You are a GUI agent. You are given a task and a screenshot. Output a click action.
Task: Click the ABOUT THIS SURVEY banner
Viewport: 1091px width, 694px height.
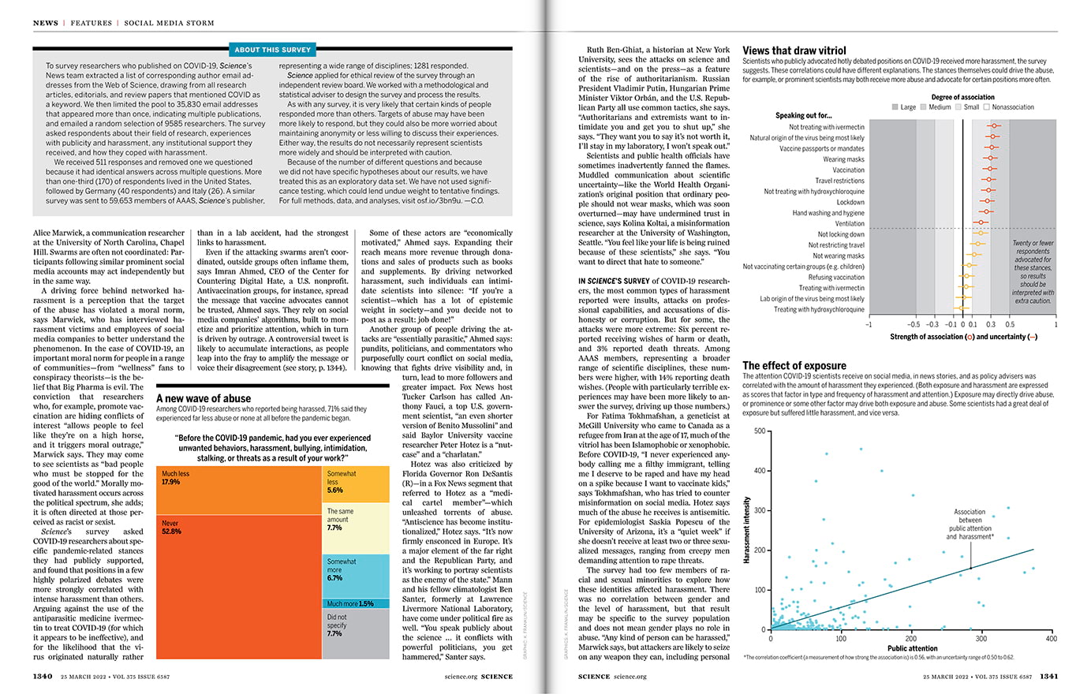click(273, 50)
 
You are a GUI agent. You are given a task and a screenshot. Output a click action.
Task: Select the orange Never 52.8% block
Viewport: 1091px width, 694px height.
click(239, 584)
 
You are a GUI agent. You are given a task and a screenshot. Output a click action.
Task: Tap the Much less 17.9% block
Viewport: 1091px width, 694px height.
click(239, 489)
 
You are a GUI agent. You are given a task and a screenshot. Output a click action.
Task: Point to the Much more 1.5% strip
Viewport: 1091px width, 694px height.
click(357, 603)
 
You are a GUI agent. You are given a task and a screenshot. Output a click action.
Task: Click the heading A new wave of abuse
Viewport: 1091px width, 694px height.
click(204, 399)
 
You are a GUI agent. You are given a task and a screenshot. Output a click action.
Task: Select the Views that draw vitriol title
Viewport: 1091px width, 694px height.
click(794, 50)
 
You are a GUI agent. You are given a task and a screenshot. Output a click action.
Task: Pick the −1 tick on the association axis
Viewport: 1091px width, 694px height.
click(869, 324)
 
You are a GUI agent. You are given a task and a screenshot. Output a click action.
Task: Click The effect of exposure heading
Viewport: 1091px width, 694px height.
click(794, 366)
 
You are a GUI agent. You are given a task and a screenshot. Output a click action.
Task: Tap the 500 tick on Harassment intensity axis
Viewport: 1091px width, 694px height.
click(760, 431)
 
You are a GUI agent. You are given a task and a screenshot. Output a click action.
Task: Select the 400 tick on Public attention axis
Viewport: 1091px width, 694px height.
click(1051, 639)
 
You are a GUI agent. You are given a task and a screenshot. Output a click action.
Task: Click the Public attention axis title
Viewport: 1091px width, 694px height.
click(912, 648)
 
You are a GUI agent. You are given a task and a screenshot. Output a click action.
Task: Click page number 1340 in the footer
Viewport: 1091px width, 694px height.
click(43, 677)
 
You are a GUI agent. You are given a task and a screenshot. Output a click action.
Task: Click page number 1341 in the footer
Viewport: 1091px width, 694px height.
click(1048, 677)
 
